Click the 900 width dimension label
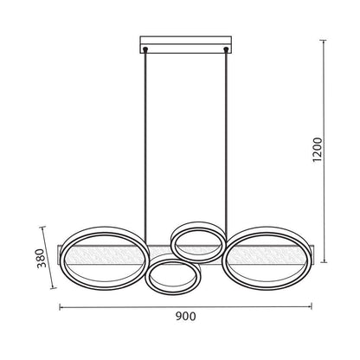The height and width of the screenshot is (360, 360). [x=185, y=317]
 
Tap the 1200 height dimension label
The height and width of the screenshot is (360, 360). [x=318, y=150]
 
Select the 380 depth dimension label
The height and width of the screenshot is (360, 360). [x=42, y=258]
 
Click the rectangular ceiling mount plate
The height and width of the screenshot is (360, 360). [x=186, y=45]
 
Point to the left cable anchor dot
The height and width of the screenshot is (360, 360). [x=145, y=49]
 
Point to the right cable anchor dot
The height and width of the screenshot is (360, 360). [x=226, y=49]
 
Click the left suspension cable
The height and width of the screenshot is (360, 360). [x=145, y=147]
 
